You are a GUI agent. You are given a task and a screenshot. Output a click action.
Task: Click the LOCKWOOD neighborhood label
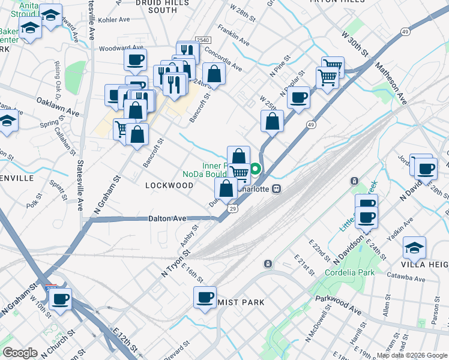coord(169,185)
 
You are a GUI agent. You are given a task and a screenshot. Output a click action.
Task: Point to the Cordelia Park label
coord(349,272)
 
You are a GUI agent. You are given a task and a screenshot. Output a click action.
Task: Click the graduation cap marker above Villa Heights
coord(414,247)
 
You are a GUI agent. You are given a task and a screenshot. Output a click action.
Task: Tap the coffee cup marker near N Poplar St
coord(298,97)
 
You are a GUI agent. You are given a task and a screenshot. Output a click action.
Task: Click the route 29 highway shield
coord(232,208)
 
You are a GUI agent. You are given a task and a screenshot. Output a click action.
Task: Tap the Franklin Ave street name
coord(234,35)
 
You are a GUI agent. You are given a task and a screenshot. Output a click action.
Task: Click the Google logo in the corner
coord(20,352)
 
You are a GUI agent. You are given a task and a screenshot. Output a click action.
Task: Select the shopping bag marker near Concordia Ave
coord(214,74)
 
